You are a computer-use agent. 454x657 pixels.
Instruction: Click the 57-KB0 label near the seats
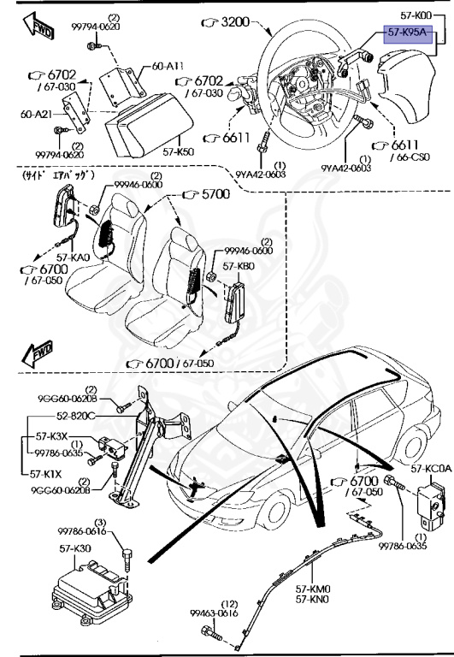(x=239, y=266)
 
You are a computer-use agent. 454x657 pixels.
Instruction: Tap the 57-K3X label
(x=49, y=436)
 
